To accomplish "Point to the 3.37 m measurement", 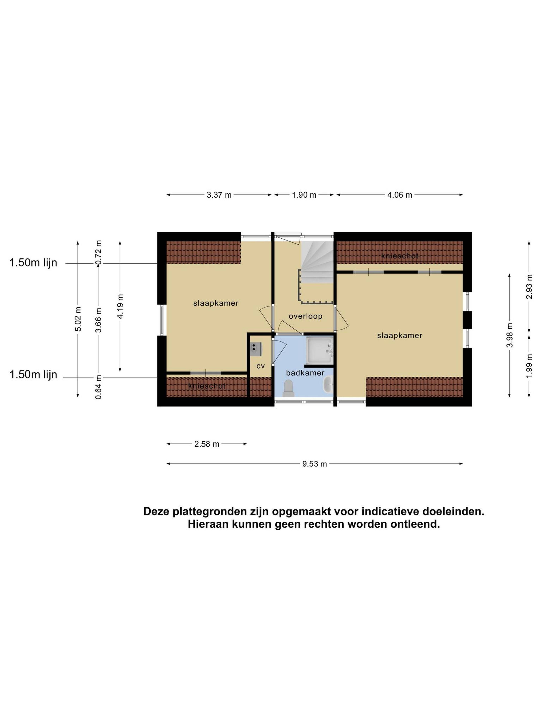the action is tap(219, 195).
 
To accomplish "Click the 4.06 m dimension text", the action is tap(400, 195).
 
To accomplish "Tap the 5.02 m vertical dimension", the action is tap(78, 319).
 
